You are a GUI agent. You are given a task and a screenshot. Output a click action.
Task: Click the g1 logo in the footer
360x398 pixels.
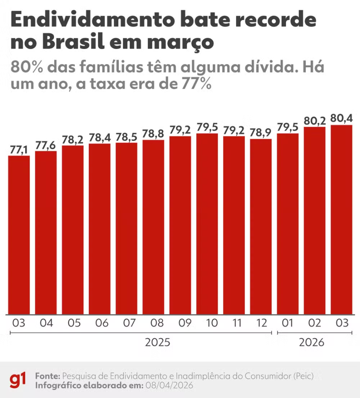click(18, 380)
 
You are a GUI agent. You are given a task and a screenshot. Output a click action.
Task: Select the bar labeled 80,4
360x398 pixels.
click(341, 220)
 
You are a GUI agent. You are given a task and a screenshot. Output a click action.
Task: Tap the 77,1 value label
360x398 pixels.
click(19, 149)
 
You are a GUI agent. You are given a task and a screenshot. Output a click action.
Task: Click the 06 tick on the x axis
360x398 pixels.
click(99, 323)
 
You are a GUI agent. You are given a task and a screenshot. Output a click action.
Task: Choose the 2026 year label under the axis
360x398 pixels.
click(311, 343)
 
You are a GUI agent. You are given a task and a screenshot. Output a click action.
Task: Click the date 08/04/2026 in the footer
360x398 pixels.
click(169, 386)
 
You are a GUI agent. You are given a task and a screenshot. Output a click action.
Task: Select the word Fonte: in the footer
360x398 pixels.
click(47, 376)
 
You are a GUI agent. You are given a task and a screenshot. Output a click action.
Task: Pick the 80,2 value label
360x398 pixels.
click(314, 121)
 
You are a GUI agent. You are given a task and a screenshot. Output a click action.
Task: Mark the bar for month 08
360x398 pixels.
click(153, 227)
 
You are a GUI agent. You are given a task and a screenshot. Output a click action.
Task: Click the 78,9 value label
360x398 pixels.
click(261, 133)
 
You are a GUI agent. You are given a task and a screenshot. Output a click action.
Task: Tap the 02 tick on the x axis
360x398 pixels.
click(314, 323)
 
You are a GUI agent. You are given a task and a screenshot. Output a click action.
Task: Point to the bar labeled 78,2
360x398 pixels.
click(73, 230)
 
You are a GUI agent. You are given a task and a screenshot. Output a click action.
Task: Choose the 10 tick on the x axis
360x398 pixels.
click(207, 323)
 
